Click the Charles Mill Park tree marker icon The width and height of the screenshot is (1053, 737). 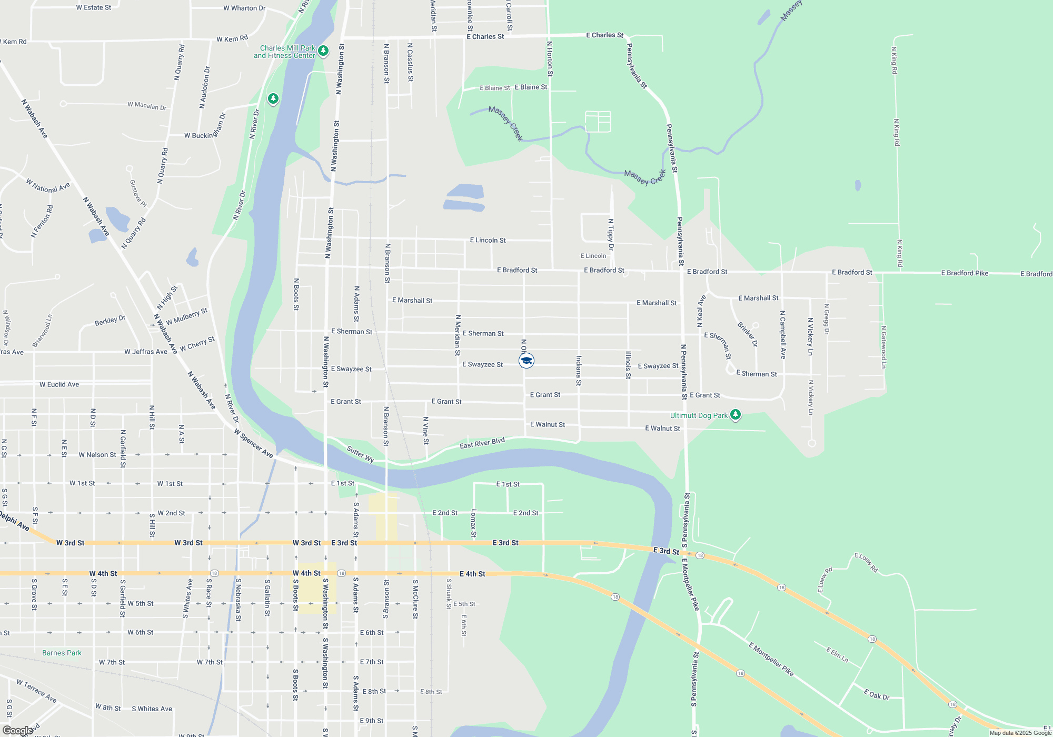pos(323,51)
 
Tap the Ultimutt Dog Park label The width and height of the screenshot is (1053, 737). pos(699,415)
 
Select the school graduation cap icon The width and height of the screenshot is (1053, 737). pos(526,361)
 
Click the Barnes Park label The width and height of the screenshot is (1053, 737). pos(62,653)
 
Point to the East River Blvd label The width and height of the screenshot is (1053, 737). pos(482,443)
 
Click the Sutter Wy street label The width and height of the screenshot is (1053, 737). pos(361,454)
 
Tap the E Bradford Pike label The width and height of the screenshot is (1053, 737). pos(965,273)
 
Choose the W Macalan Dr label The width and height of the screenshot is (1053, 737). pos(147,106)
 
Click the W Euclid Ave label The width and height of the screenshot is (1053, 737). pos(59,384)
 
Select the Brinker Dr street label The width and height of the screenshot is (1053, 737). pos(748,334)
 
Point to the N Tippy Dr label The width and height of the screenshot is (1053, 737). pos(611,235)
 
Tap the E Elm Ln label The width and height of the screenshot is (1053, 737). pos(837,655)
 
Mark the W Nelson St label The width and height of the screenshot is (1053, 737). pos(97,455)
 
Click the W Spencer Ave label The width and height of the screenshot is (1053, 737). pos(254,443)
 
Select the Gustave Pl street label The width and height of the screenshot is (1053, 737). pos(138,193)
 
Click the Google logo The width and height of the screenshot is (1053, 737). pos(17,731)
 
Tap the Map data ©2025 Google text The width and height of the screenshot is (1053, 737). pos(1020,733)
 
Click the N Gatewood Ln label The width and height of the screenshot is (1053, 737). pos(883,347)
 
